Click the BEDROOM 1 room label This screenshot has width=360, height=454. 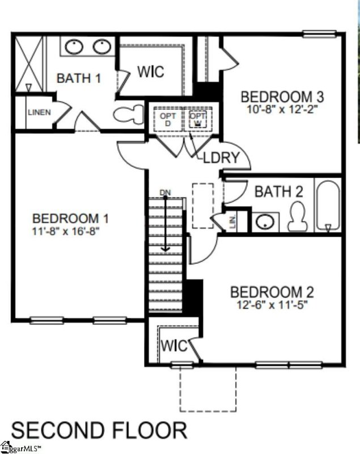coord(71,218)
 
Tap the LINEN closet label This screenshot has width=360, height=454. coord(39,112)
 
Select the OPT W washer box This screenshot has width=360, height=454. coord(197,119)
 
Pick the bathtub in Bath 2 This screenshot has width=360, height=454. coord(328,205)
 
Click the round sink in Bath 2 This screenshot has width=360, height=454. coord(264,221)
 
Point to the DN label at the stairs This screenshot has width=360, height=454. coord(165,193)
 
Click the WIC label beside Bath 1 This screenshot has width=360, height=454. coord(151,72)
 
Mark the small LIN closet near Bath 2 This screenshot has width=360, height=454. coord(233,222)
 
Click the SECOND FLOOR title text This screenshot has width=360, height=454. coord(99,430)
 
